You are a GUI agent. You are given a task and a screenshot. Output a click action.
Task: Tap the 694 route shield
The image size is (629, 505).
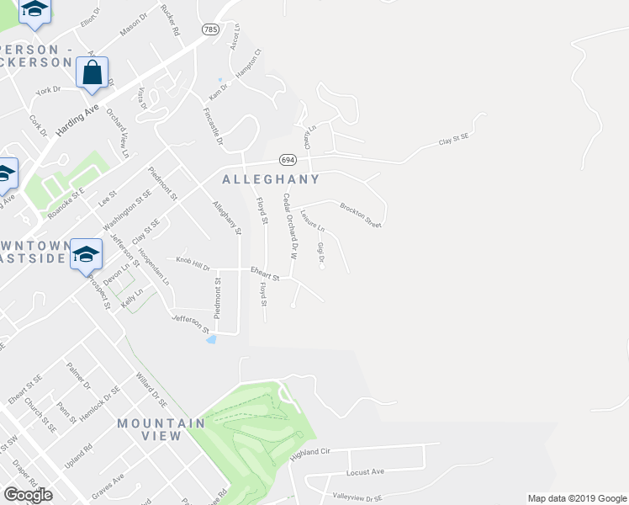pyautogui.click(x=288, y=160)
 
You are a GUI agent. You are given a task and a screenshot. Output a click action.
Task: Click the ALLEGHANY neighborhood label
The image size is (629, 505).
pyautogui.click(x=270, y=179)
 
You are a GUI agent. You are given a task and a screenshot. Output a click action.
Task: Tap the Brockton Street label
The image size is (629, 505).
pyautogui.click(x=361, y=215)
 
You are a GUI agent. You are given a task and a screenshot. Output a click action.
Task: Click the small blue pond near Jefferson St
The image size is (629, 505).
pyautogui.click(x=210, y=340)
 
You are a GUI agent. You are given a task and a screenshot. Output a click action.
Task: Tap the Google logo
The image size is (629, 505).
pyautogui.click(x=28, y=495)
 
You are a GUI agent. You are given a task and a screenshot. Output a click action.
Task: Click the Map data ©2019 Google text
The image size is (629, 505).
pyautogui.click(x=576, y=498)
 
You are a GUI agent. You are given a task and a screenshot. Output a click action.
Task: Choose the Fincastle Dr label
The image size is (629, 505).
pyautogui.click(x=212, y=127)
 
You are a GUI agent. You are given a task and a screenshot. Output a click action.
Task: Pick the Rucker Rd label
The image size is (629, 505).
pyautogui.click(x=173, y=22)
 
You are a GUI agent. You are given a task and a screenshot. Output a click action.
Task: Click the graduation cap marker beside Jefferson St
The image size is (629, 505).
pyautogui.click(x=86, y=253)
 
